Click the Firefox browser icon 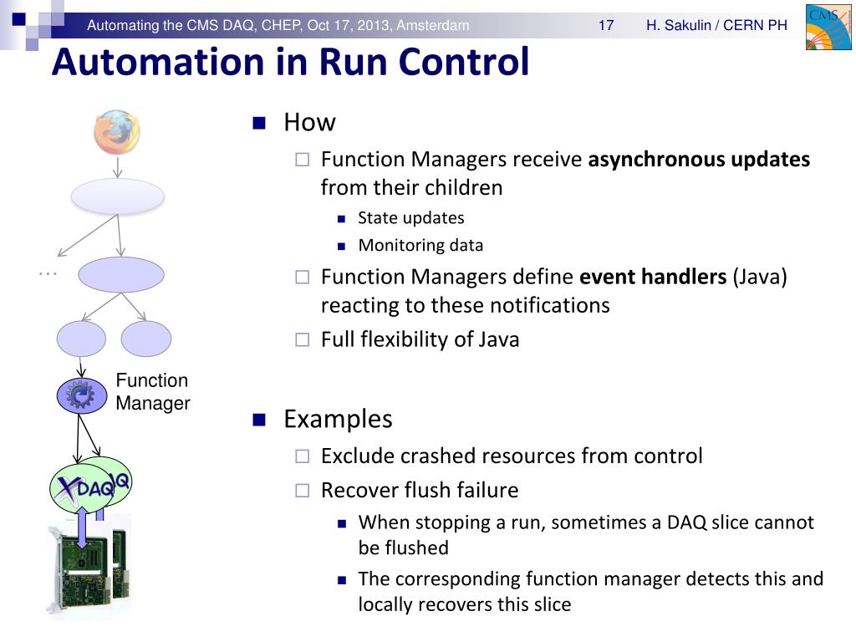117,132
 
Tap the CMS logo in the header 828,26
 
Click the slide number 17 606,26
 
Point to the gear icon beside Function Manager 81,395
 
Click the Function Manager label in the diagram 153,392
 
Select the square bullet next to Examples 258,420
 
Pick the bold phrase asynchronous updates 699,160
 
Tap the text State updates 411,218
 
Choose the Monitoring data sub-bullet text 420,246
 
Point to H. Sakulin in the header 675,26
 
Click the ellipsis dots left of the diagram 48,273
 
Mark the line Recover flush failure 420,490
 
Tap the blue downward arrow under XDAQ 82,526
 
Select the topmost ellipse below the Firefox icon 118,196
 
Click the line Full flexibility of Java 420,339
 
